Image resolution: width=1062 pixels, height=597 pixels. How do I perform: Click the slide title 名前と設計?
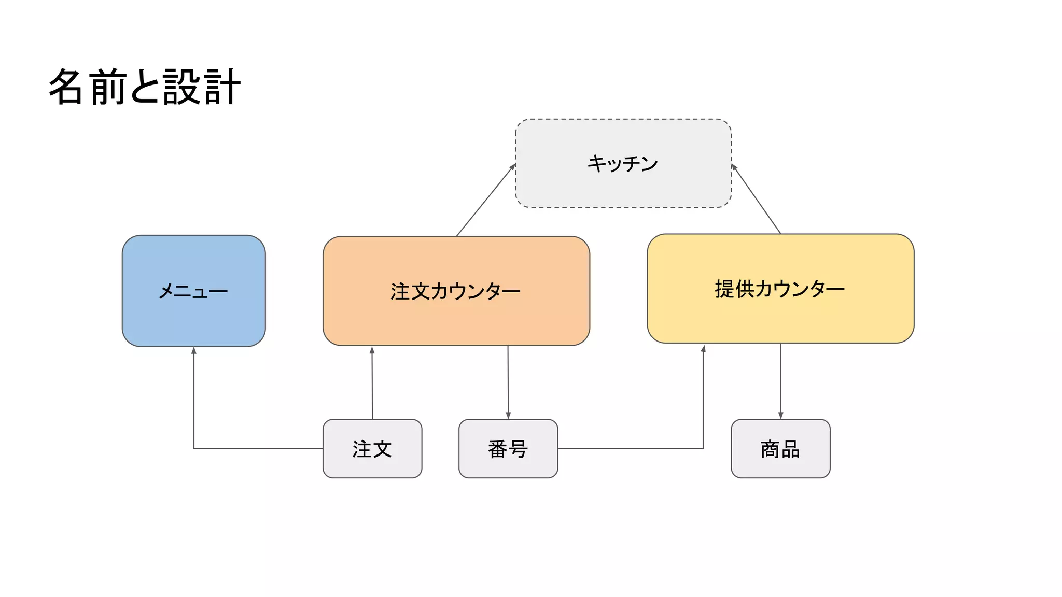point(145,87)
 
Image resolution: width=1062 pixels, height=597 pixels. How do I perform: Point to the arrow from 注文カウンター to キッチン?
point(486,200)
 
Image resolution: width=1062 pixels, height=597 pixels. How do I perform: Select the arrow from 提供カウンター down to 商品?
point(780,381)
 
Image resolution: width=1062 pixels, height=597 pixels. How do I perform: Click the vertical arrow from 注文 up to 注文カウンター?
point(372,383)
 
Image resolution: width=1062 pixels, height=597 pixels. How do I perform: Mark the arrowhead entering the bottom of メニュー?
point(193,351)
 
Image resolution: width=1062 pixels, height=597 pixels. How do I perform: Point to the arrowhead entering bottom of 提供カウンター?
point(703,349)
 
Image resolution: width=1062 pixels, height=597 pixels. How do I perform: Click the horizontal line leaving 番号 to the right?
point(630,448)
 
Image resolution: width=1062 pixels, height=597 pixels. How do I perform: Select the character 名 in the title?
point(66,87)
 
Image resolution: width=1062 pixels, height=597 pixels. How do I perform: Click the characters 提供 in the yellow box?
point(734,289)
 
